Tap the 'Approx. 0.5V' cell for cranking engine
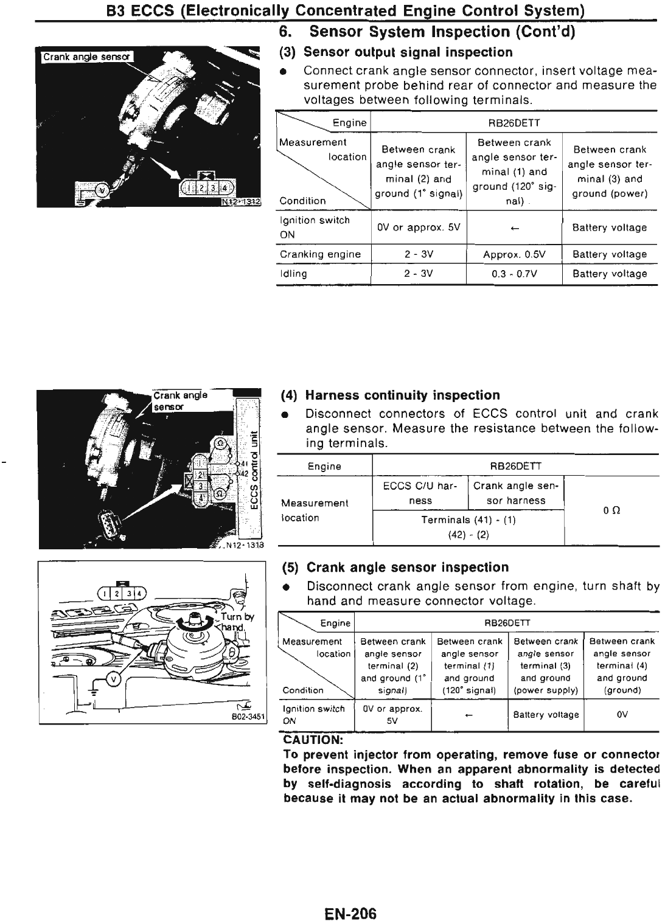pyautogui.click(x=514, y=254)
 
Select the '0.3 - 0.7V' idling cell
pyautogui.click(x=514, y=274)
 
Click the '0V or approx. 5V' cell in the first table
pyautogui.click(x=419, y=228)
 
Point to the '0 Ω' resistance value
pyautogui.click(x=611, y=511)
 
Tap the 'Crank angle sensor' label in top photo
pyautogui.click(x=87, y=57)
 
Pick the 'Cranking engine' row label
pyautogui.click(x=320, y=254)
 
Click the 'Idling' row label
pyautogui.click(x=293, y=274)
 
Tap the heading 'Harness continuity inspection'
pyautogui.click(x=402, y=395)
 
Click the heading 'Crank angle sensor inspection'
pyautogui.click(x=406, y=568)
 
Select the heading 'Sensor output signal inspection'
pyautogui.click(x=408, y=52)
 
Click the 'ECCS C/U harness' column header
pyautogui.click(x=420, y=493)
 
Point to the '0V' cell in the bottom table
pyautogui.click(x=622, y=715)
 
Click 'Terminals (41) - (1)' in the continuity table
pyautogui.click(x=468, y=520)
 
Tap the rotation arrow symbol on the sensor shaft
pyautogui.click(x=195, y=620)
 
